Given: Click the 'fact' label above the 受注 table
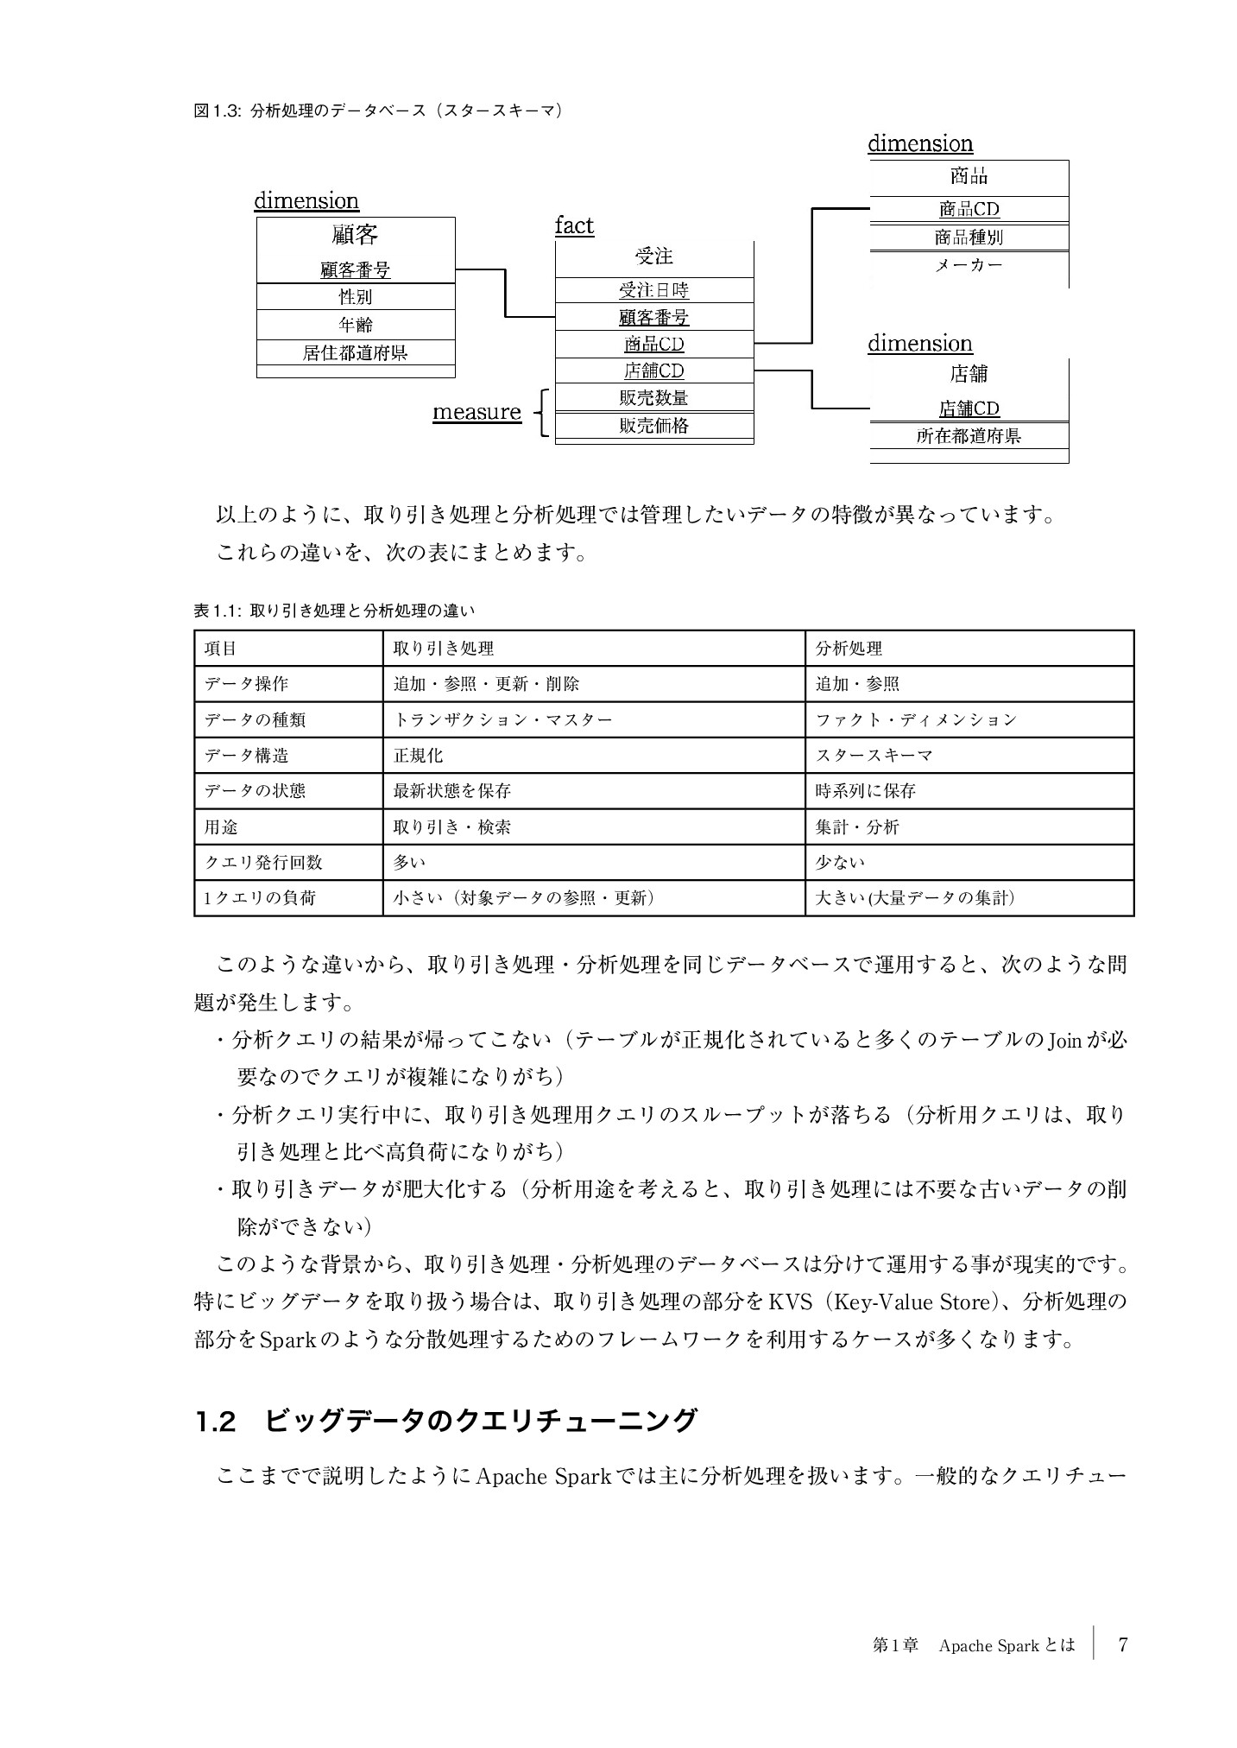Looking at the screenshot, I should tap(573, 226).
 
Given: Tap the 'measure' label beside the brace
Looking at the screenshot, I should tap(476, 412).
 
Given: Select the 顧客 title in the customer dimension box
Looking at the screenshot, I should tap(355, 235).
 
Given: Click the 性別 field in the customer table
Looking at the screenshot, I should tap(355, 297).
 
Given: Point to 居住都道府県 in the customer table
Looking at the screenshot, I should tap(355, 352).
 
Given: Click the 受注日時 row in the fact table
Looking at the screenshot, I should tap(653, 290).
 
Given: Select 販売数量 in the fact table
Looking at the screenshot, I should tap(653, 398).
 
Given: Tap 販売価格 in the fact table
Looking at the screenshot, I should tap(653, 426).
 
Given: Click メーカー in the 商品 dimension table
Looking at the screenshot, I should tap(969, 265).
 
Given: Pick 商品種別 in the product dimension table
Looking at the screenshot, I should tap(969, 237).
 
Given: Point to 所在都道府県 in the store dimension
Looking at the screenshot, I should tap(969, 436).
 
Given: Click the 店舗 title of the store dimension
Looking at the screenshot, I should tap(969, 374).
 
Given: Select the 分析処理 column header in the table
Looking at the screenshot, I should tap(849, 649).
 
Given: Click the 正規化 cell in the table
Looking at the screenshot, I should tap(419, 756).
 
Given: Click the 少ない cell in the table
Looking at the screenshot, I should tap(840, 863).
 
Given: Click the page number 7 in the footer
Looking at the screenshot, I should tap(1122, 1645).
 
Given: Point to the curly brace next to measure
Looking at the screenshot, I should tap(542, 414).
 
